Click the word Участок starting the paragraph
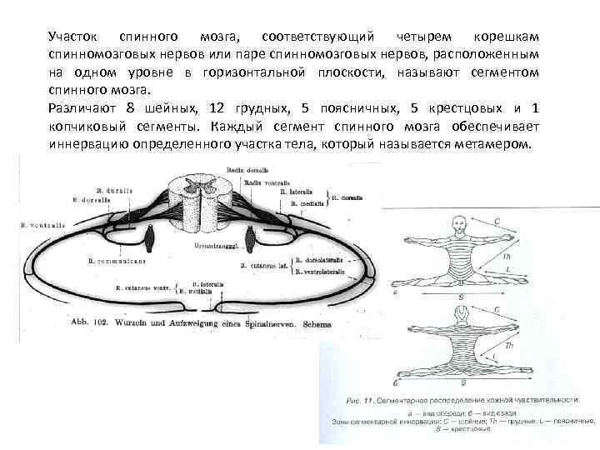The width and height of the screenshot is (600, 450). [73, 38]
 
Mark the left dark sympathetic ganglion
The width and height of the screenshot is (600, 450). [151, 240]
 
